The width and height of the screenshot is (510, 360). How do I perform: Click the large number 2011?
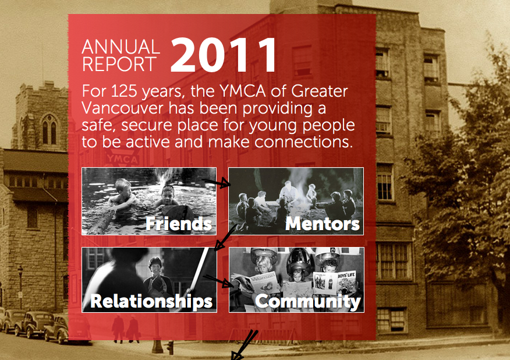(223, 55)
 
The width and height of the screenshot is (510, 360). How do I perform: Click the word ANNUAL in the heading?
(121, 47)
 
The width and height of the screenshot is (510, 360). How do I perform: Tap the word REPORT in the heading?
(119, 64)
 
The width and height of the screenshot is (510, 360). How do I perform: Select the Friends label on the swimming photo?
(179, 224)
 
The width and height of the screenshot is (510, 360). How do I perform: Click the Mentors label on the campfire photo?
(323, 224)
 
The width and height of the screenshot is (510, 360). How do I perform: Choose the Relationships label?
(151, 301)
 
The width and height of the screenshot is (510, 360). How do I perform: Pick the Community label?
(308, 302)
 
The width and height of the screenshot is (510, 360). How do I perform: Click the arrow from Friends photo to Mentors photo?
(216, 182)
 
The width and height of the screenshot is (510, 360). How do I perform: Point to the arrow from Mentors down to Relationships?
(225, 238)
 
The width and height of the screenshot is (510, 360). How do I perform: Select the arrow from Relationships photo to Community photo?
(218, 281)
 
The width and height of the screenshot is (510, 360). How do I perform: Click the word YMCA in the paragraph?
(243, 91)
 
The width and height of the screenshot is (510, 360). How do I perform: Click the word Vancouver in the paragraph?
(122, 108)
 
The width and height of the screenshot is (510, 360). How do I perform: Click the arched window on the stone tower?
(49, 129)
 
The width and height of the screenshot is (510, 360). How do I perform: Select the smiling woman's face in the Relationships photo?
(155, 266)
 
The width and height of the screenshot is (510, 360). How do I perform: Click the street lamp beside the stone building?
(20, 287)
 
